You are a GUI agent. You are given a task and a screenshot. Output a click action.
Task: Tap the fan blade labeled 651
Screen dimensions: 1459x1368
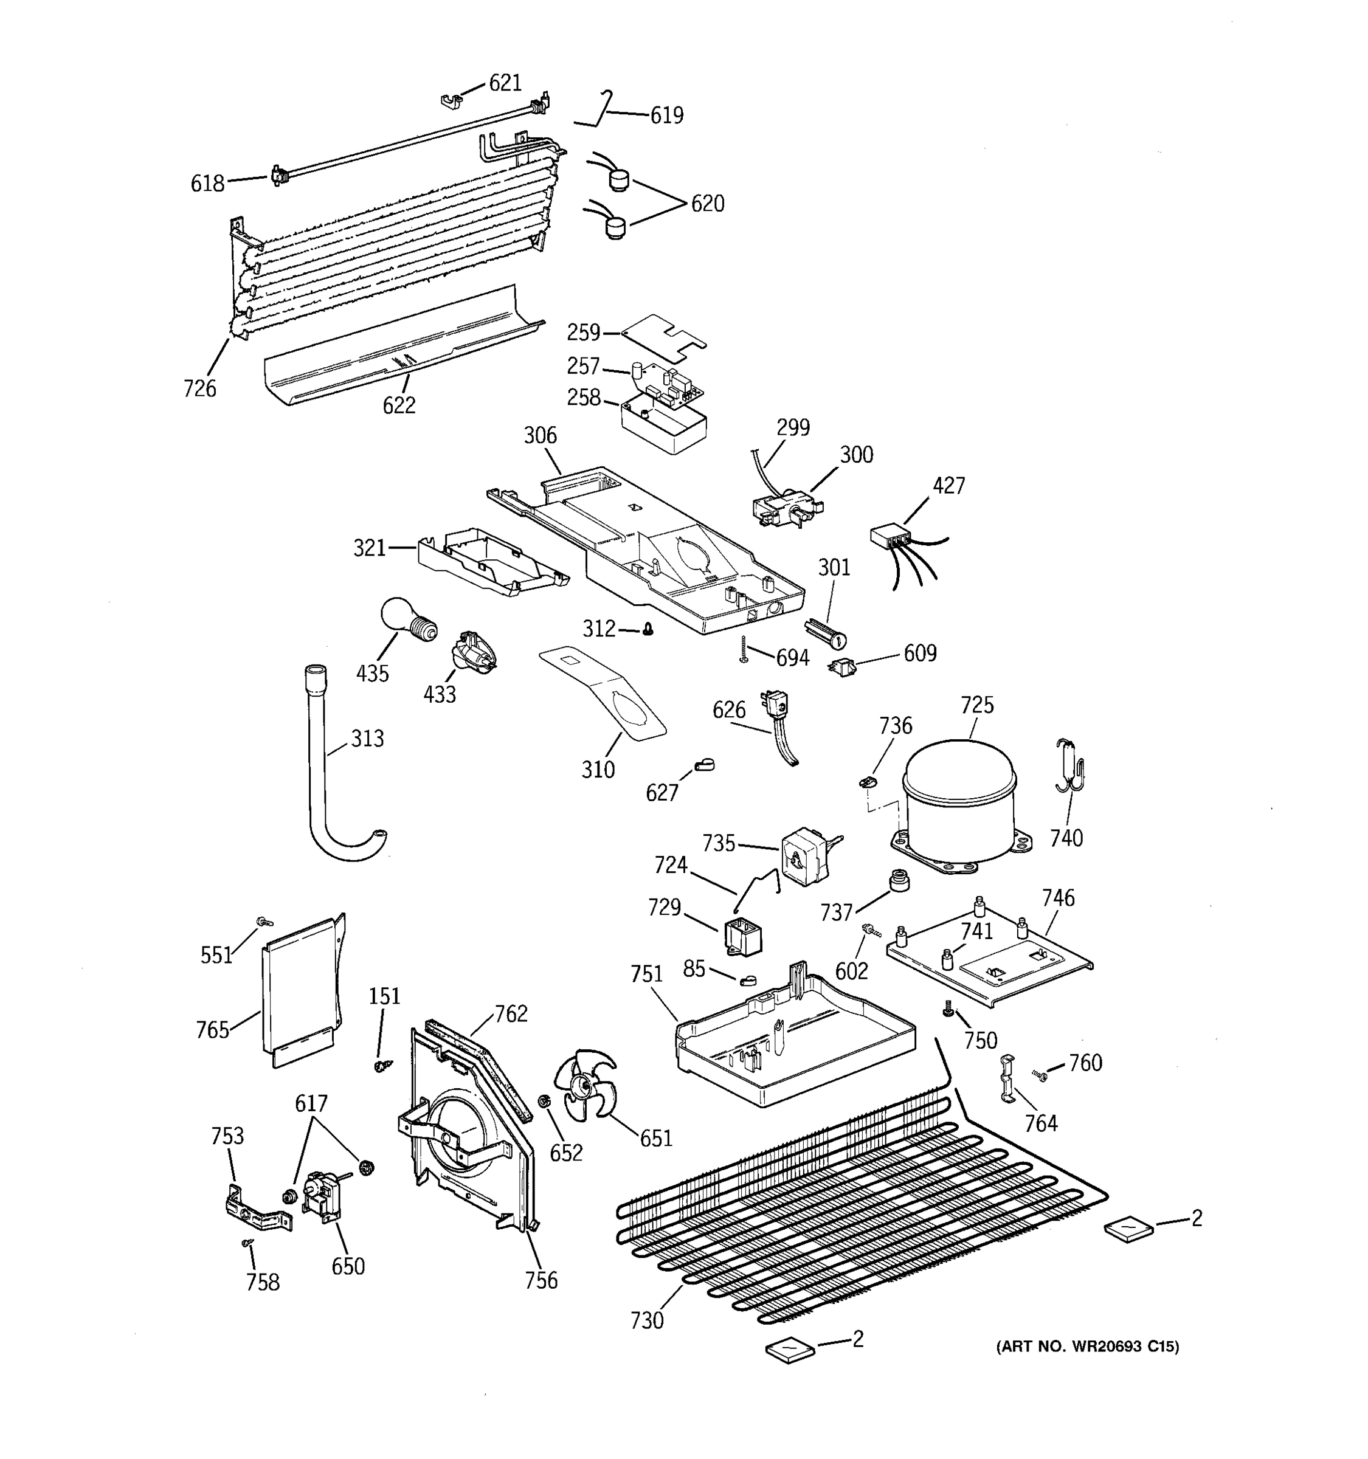(584, 1087)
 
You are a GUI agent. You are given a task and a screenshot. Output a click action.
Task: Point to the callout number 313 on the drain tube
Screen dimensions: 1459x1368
(367, 738)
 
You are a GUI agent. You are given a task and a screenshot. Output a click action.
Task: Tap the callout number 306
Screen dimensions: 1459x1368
(540, 436)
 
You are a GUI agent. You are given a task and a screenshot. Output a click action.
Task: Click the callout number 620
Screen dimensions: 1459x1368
(708, 204)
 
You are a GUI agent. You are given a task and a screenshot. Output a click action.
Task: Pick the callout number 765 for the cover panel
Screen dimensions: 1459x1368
(213, 1030)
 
